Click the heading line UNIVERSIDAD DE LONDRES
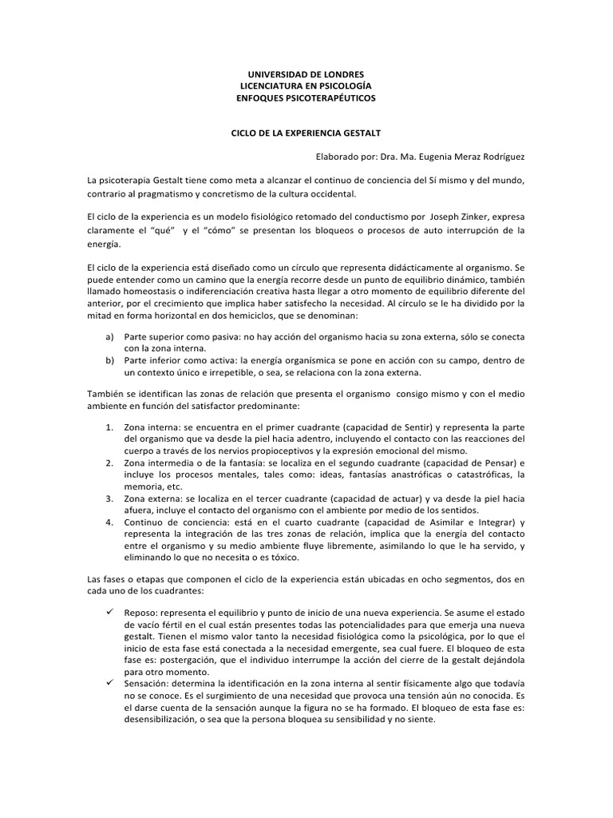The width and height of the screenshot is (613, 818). pyautogui.click(x=306, y=74)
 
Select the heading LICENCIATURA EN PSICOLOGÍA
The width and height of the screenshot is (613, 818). pyautogui.click(x=306, y=85)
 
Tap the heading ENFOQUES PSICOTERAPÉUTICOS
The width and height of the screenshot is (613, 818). pyautogui.click(x=306, y=97)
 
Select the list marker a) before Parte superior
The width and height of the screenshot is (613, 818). pyautogui.click(x=110, y=337)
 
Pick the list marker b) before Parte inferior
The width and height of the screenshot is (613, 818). pyautogui.click(x=110, y=361)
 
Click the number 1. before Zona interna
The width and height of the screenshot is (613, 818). pyautogui.click(x=110, y=427)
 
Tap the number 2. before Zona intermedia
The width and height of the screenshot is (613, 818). pyautogui.click(x=110, y=463)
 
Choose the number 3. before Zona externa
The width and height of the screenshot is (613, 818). pyautogui.click(x=110, y=498)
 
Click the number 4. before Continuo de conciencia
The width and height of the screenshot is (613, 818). pyautogui.click(x=110, y=522)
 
